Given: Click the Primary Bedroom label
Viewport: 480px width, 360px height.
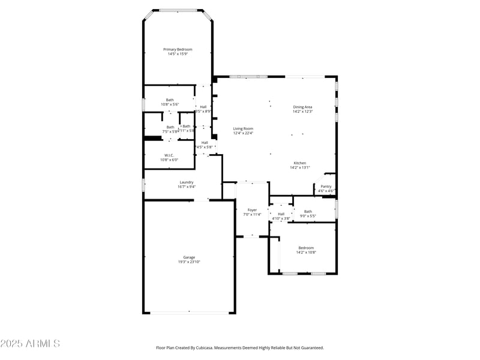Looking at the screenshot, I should coord(178,49).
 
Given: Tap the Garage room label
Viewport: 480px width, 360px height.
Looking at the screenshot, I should coord(189,257).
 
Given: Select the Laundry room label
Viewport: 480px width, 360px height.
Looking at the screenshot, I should coord(187,182).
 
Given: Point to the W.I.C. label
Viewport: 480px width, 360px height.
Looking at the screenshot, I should coord(169,155).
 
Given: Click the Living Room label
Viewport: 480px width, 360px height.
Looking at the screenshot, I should coord(243,129).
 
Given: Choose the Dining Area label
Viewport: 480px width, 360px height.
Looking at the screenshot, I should coord(302,107).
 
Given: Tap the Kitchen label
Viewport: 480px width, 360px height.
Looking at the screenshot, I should coord(300,163).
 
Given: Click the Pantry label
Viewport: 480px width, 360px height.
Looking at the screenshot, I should coord(326,187).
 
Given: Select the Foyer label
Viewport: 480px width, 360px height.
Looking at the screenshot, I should coord(253,210).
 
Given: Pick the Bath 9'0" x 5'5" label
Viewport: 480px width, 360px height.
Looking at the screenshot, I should coord(308,211).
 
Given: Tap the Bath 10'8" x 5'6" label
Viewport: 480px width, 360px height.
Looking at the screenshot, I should coord(170,100).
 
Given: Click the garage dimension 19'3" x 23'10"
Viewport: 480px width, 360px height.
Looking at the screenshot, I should coord(189,262).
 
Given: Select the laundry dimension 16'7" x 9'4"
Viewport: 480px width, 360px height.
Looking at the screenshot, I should coord(187,187).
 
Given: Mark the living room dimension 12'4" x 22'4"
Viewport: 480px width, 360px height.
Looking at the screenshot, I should coord(243,133).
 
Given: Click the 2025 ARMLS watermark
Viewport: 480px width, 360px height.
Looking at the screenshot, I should coord(30,344).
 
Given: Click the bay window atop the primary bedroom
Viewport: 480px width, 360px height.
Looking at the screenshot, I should coord(178,10).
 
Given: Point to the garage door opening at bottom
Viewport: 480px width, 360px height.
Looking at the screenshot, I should coord(189,312).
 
